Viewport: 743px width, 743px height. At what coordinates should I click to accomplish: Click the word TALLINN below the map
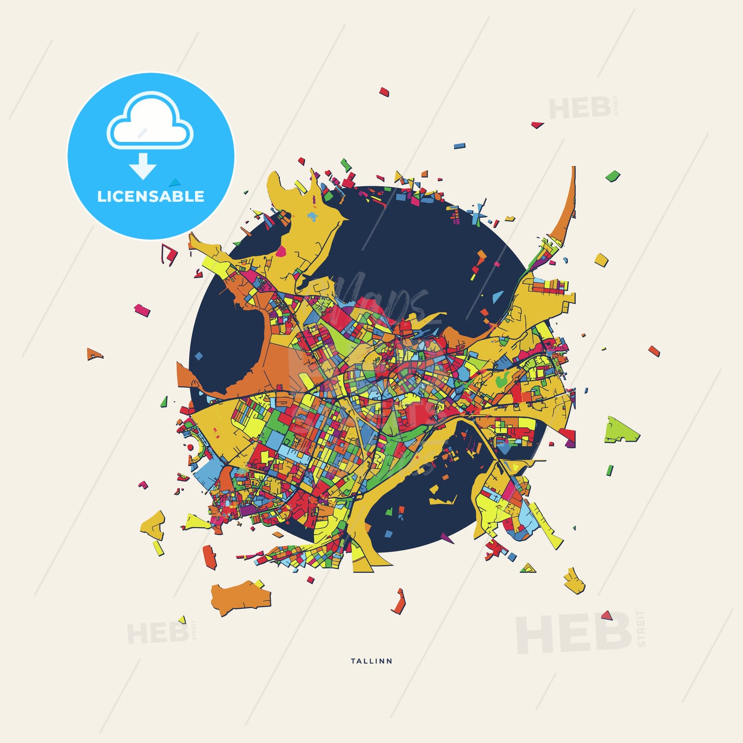point(372,661)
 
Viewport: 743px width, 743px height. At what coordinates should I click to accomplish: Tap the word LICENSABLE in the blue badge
point(151,196)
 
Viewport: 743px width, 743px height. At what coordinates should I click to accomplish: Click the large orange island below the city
point(240,597)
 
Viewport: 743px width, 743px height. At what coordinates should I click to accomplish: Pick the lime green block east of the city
point(620,430)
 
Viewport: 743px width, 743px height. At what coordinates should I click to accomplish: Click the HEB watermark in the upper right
point(580,108)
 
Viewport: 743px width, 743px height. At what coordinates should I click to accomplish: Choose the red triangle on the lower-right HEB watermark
point(606,615)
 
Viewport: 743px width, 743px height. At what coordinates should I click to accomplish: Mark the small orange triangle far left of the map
point(94,354)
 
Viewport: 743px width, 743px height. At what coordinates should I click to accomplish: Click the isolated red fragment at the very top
point(384,92)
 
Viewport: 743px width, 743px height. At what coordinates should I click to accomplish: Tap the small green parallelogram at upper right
point(612,175)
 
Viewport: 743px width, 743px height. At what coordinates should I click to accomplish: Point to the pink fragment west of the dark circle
point(142,310)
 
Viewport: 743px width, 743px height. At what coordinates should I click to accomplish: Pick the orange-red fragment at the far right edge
point(654,351)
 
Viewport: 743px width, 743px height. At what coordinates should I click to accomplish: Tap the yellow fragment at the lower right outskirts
point(574,582)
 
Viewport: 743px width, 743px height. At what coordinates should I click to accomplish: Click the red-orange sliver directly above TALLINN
point(399,602)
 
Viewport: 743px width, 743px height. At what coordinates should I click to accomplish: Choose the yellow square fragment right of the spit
point(601,259)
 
